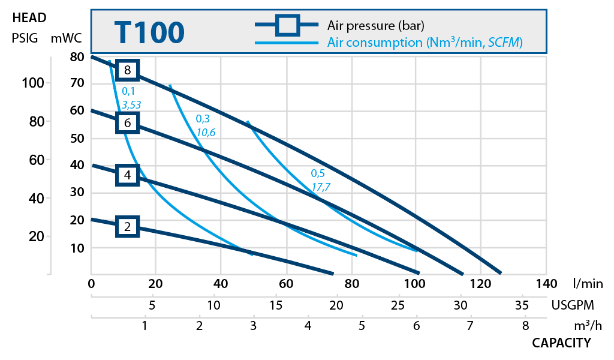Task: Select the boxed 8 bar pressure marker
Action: click(127, 70)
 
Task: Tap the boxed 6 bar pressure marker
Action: click(127, 123)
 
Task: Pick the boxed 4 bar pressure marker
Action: click(127, 175)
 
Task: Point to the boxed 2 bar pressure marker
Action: click(127, 226)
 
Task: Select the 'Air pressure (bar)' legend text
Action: click(375, 26)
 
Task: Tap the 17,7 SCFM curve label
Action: click(321, 187)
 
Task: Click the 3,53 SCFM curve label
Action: click(131, 105)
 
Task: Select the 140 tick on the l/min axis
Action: click(545, 283)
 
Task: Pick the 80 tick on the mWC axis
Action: click(77, 58)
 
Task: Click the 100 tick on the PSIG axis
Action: click(33, 82)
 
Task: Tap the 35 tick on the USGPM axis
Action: click(521, 305)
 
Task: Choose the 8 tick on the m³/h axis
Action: click(525, 326)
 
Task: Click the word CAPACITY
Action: click(561, 343)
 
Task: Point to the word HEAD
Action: click(29, 18)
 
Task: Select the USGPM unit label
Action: click(575, 305)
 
